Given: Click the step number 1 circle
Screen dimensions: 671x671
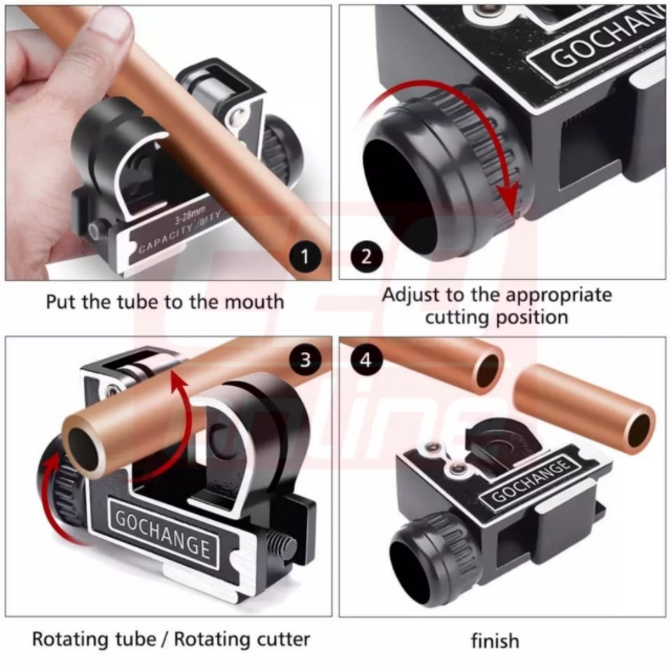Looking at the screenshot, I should pyautogui.click(x=304, y=256).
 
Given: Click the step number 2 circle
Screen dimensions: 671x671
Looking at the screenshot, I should pyautogui.click(x=366, y=256).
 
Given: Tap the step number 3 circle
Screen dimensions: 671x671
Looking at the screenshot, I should pyautogui.click(x=305, y=359).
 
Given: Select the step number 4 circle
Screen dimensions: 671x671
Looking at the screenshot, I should pyautogui.click(x=366, y=359).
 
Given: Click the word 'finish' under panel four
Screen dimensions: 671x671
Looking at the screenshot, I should pyautogui.click(x=495, y=640).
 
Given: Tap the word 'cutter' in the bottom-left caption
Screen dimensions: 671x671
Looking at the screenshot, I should pyautogui.click(x=281, y=638).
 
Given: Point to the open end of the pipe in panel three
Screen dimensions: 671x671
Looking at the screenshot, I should pyautogui.click(x=84, y=450).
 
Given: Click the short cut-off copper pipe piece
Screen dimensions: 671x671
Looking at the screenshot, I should pyautogui.click(x=583, y=409).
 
